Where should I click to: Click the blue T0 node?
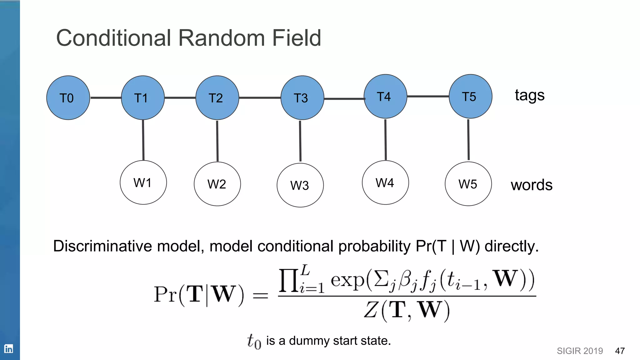[68, 98]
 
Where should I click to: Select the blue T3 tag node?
[302, 98]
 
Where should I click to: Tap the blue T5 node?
[470, 97]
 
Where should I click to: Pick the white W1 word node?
[143, 182]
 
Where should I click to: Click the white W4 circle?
[385, 182]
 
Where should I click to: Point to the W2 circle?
[217, 184]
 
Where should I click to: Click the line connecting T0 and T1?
[106, 98]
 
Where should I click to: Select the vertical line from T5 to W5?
[468, 140]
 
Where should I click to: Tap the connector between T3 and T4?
[344, 98]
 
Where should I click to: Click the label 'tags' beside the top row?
[530, 95]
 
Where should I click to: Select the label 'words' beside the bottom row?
[532, 185]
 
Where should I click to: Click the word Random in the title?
[222, 38]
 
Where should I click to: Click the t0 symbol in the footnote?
[254, 341]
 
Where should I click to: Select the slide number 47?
[620, 351]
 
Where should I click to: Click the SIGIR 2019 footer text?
[580, 351]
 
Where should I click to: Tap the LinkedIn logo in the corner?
[8, 348]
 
